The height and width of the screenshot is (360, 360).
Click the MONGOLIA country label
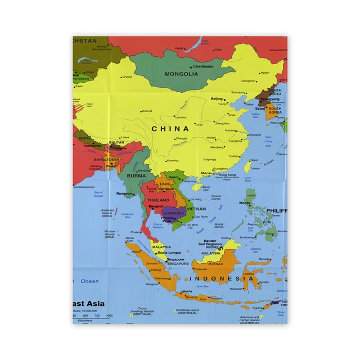coord(181,74)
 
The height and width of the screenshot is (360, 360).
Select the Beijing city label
coord(217,99)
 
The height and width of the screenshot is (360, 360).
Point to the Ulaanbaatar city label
coord(204,66)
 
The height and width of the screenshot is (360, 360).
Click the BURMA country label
coord(136,175)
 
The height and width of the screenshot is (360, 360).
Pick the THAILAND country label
coord(158,200)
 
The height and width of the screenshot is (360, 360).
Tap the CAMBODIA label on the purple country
coord(174,213)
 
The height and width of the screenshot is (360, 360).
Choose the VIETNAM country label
coord(197,209)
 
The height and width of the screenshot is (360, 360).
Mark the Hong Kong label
coord(227,175)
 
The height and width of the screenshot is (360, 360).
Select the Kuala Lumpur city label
coord(169,253)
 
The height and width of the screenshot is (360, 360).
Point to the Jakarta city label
coord(187,291)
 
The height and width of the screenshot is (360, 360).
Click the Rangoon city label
coord(124,193)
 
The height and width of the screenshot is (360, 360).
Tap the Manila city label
coord(245,202)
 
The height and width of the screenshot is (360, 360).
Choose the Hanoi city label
coord(173,177)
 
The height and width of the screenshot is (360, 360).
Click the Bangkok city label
coord(156,206)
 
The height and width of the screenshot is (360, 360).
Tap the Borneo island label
coord(217,263)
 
